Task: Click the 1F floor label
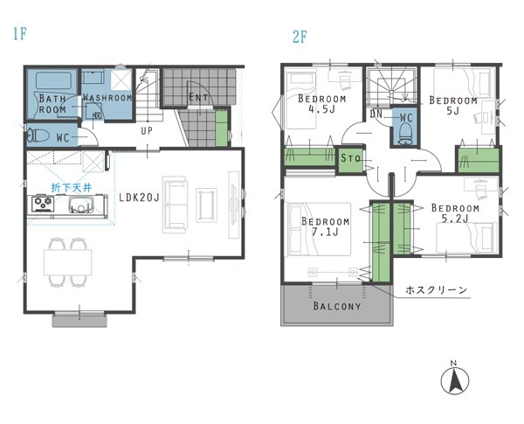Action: [20, 34]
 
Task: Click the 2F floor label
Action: [300, 37]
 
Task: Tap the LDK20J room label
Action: [140, 198]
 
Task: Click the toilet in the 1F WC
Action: [38, 136]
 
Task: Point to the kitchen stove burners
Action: [43, 203]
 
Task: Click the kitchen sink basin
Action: [81, 205]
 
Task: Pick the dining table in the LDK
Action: [68, 262]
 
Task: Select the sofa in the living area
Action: [175, 205]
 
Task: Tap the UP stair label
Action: [147, 130]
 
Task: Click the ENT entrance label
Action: [198, 97]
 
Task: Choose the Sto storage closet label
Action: [351, 158]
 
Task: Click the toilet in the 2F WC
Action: [406, 133]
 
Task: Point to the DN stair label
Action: [376, 114]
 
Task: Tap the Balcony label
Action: [337, 306]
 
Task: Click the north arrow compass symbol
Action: [454, 379]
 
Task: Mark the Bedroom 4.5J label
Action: [321, 104]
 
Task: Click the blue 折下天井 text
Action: [72, 188]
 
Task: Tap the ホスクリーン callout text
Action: [436, 289]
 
